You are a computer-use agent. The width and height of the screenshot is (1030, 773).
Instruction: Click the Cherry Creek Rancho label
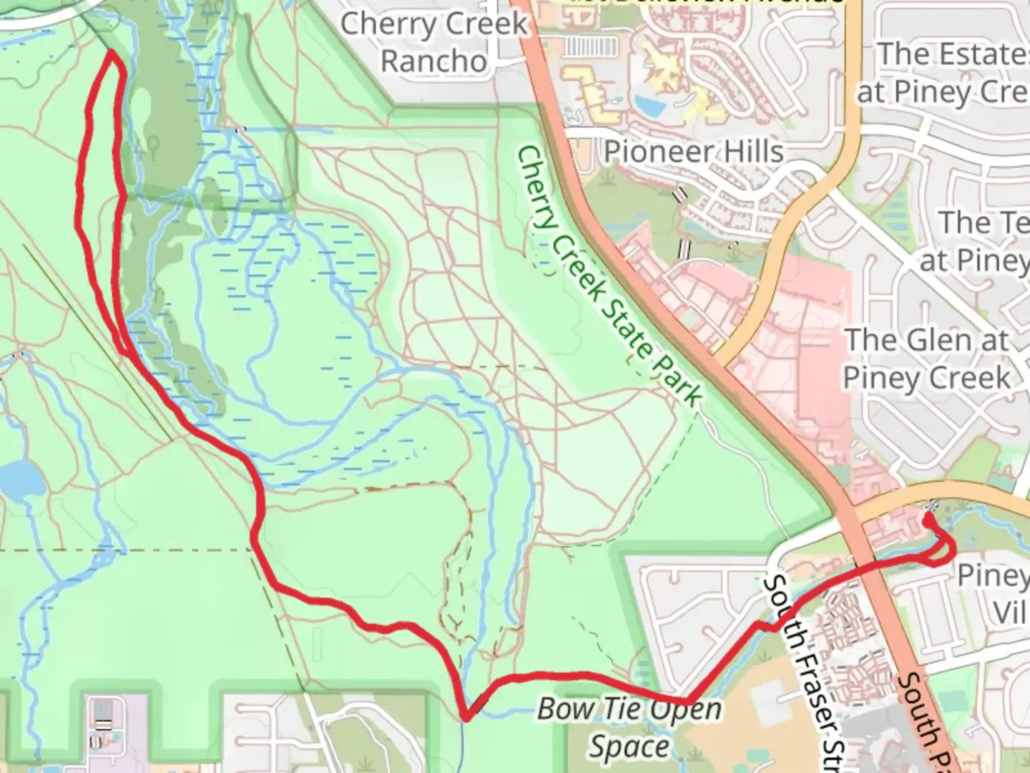click(x=433, y=42)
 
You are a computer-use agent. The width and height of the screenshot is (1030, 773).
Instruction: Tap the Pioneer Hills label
click(x=694, y=152)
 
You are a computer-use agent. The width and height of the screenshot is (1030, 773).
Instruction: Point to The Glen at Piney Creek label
click(x=928, y=358)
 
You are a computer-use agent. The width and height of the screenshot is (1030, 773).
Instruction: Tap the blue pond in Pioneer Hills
click(x=650, y=105)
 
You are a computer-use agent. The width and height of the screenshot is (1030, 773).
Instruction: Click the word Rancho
click(x=433, y=62)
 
